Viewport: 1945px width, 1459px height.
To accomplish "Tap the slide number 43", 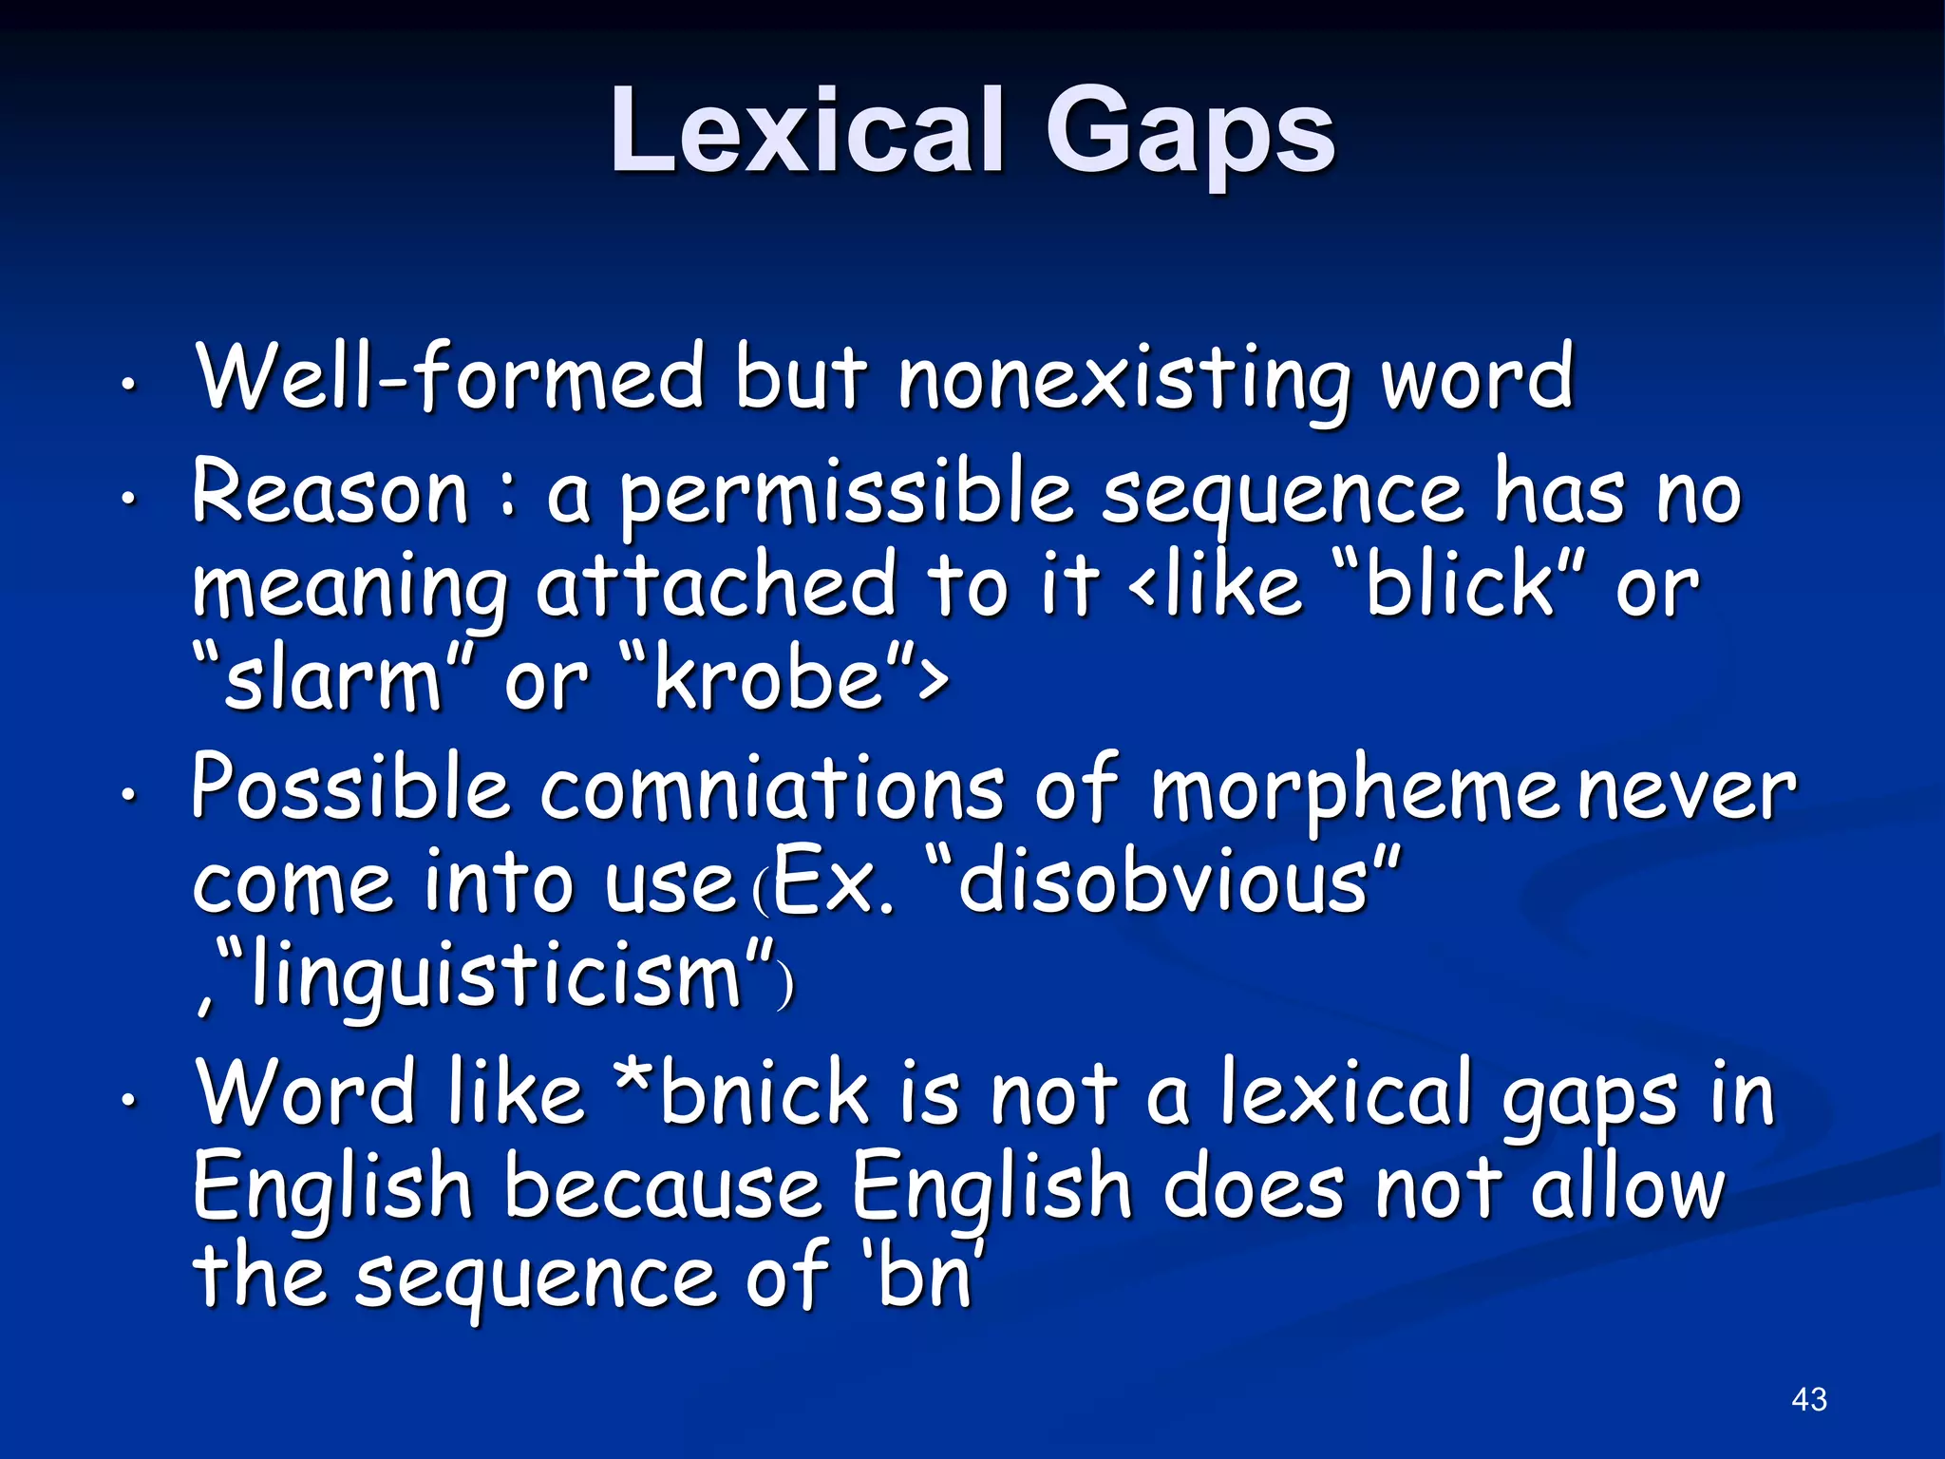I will (1808, 1399).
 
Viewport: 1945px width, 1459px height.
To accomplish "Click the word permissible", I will (845, 495).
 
